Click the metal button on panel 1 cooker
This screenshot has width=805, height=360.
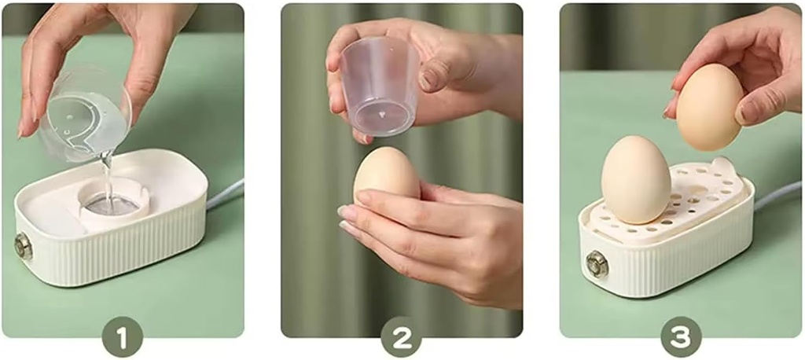pos(24,246)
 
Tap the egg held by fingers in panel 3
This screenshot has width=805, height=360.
pos(710,106)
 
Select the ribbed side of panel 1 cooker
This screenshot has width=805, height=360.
pos(118,252)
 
